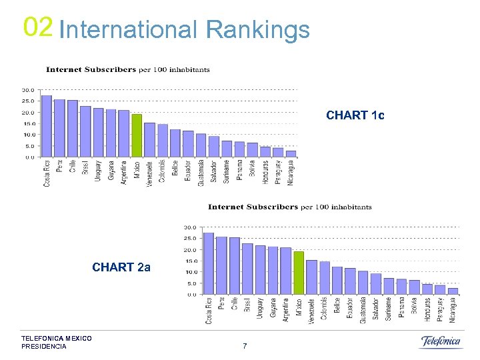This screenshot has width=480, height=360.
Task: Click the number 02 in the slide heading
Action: pyautogui.click(x=37, y=27)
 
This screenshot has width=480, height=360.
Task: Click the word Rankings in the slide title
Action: pyautogui.click(x=258, y=29)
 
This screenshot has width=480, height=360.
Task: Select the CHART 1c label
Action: pyautogui.click(x=355, y=115)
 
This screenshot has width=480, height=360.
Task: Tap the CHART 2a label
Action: pyautogui.click(x=121, y=267)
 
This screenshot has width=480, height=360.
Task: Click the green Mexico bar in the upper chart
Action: pyautogui.click(x=137, y=135)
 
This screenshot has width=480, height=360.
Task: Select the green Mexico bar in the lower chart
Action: pyautogui.click(x=299, y=273)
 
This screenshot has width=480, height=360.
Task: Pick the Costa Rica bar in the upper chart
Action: pyautogui.click(x=47, y=126)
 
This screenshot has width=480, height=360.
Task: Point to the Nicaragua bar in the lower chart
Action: pyautogui.click(x=453, y=291)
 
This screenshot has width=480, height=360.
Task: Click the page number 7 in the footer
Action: pyautogui.click(x=245, y=346)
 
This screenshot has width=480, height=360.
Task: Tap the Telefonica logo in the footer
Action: pyautogui.click(x=441, y=342)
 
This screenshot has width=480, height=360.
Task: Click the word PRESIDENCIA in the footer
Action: pyautogui.click(x=44, y=347)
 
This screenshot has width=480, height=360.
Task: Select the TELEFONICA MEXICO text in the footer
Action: pyautogui.click(x=57, y=339)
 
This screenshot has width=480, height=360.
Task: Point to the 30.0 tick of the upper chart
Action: pyautogui.click(x=28, y=90)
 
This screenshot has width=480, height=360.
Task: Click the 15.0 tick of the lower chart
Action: pyautogui.click(x=190, y=261)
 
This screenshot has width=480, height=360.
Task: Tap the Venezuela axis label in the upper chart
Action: pyautogui.click(x=150, y=173)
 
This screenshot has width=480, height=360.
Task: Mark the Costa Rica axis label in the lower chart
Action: pyautogui.click(x=209, y=311)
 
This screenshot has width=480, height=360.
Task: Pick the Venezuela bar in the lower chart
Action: pyautogui.click(x=311, y=277)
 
